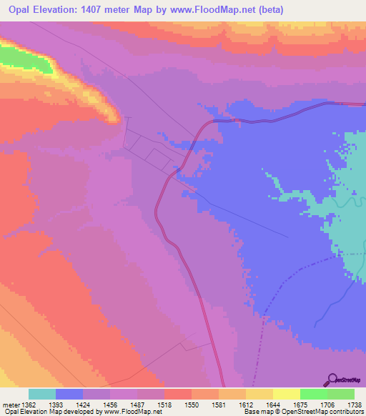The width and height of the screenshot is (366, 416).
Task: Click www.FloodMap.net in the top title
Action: point(219,10)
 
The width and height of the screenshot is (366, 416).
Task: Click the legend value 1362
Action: point(28,405)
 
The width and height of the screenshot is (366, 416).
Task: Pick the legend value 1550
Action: point(191,405)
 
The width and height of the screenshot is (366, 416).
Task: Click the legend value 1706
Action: point(327,405)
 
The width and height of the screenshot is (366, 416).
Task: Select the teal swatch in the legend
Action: point(42,394)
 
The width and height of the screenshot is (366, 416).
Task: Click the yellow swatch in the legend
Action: point(286,394)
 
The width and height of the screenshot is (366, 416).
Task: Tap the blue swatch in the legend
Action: point(69,394)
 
